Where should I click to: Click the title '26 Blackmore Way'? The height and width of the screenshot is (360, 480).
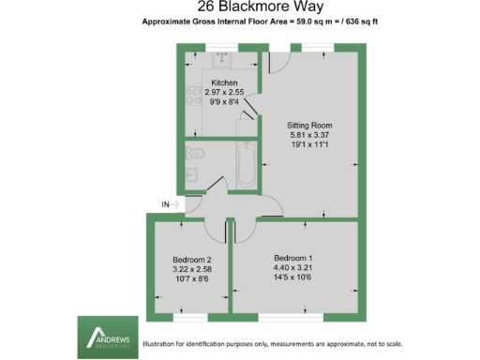[240, 7]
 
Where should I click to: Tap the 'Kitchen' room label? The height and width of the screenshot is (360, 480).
[224, 84]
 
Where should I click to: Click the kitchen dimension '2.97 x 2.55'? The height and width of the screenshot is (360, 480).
[224, 94]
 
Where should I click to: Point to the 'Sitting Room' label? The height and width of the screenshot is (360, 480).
[309, 125]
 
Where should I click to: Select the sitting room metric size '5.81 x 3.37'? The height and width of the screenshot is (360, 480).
[309, 135]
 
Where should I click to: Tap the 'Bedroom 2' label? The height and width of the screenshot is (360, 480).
[193, 259]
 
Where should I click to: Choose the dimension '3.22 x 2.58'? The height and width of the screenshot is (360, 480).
[193, 269]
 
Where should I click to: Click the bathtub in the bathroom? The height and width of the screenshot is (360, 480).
[247, 163]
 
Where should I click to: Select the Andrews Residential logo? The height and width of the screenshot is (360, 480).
[105, 336]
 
